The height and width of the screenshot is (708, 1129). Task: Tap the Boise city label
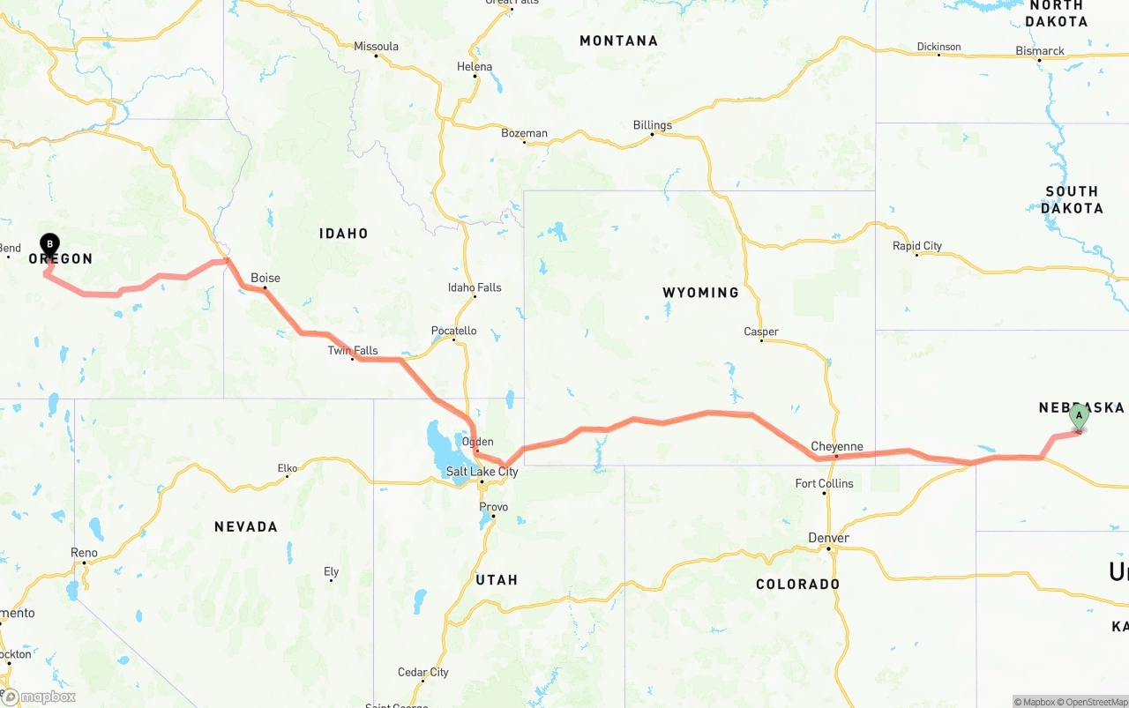click(265, 278)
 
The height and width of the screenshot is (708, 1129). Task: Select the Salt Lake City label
click(482, 472)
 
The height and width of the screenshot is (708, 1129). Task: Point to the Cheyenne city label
click(836, 446)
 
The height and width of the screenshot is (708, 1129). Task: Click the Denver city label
click(828, 538)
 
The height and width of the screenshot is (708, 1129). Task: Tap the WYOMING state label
click(700, 292)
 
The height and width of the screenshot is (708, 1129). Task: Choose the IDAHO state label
click(343, 234)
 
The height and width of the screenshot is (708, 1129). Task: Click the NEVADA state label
click(246, 526)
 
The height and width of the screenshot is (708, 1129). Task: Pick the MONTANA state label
click(618, 41)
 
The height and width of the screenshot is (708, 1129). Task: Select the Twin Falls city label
click(353, 350)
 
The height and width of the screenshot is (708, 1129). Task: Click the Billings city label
click(652, 125)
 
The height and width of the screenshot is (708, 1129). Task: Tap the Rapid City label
click(917, 246)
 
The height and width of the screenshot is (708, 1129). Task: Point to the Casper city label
click(761, 332)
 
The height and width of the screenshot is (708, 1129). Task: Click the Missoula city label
click(376, 47)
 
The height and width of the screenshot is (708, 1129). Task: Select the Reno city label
click(84, 553)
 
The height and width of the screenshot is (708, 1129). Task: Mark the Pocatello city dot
click(454, 340)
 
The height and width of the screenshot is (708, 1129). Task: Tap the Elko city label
click(288, 468)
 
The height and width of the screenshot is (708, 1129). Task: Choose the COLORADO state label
click(797, 584)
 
